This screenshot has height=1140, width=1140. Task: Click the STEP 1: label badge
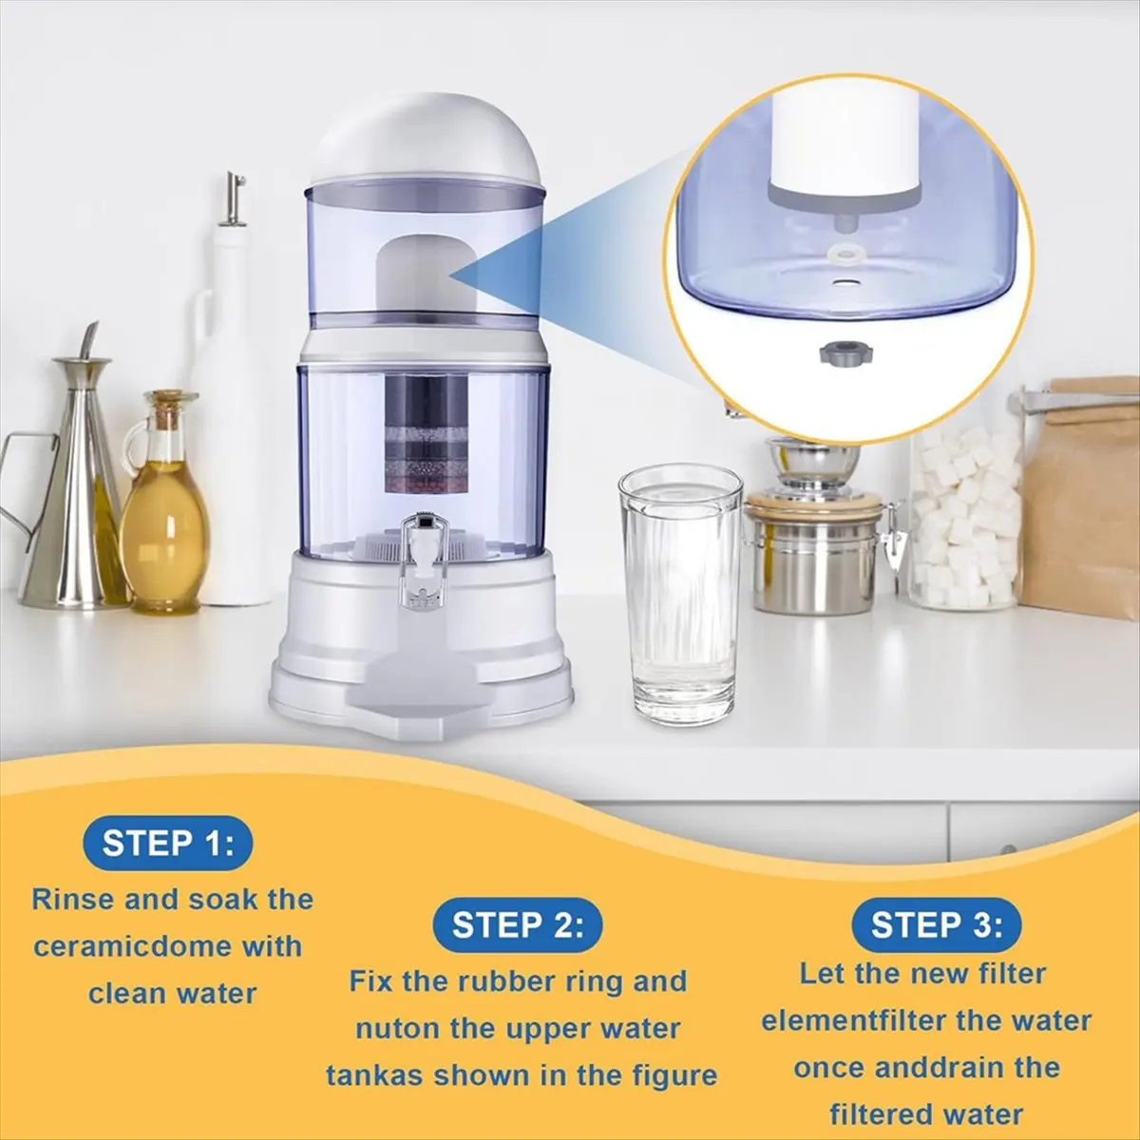tap(167, 843)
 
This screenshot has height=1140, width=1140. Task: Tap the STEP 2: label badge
tap(517, 924)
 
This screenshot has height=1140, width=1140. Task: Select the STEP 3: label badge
tap(936, 924)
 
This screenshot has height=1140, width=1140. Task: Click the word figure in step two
tap(669, 1075)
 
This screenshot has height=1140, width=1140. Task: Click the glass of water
tap(679, 594)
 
